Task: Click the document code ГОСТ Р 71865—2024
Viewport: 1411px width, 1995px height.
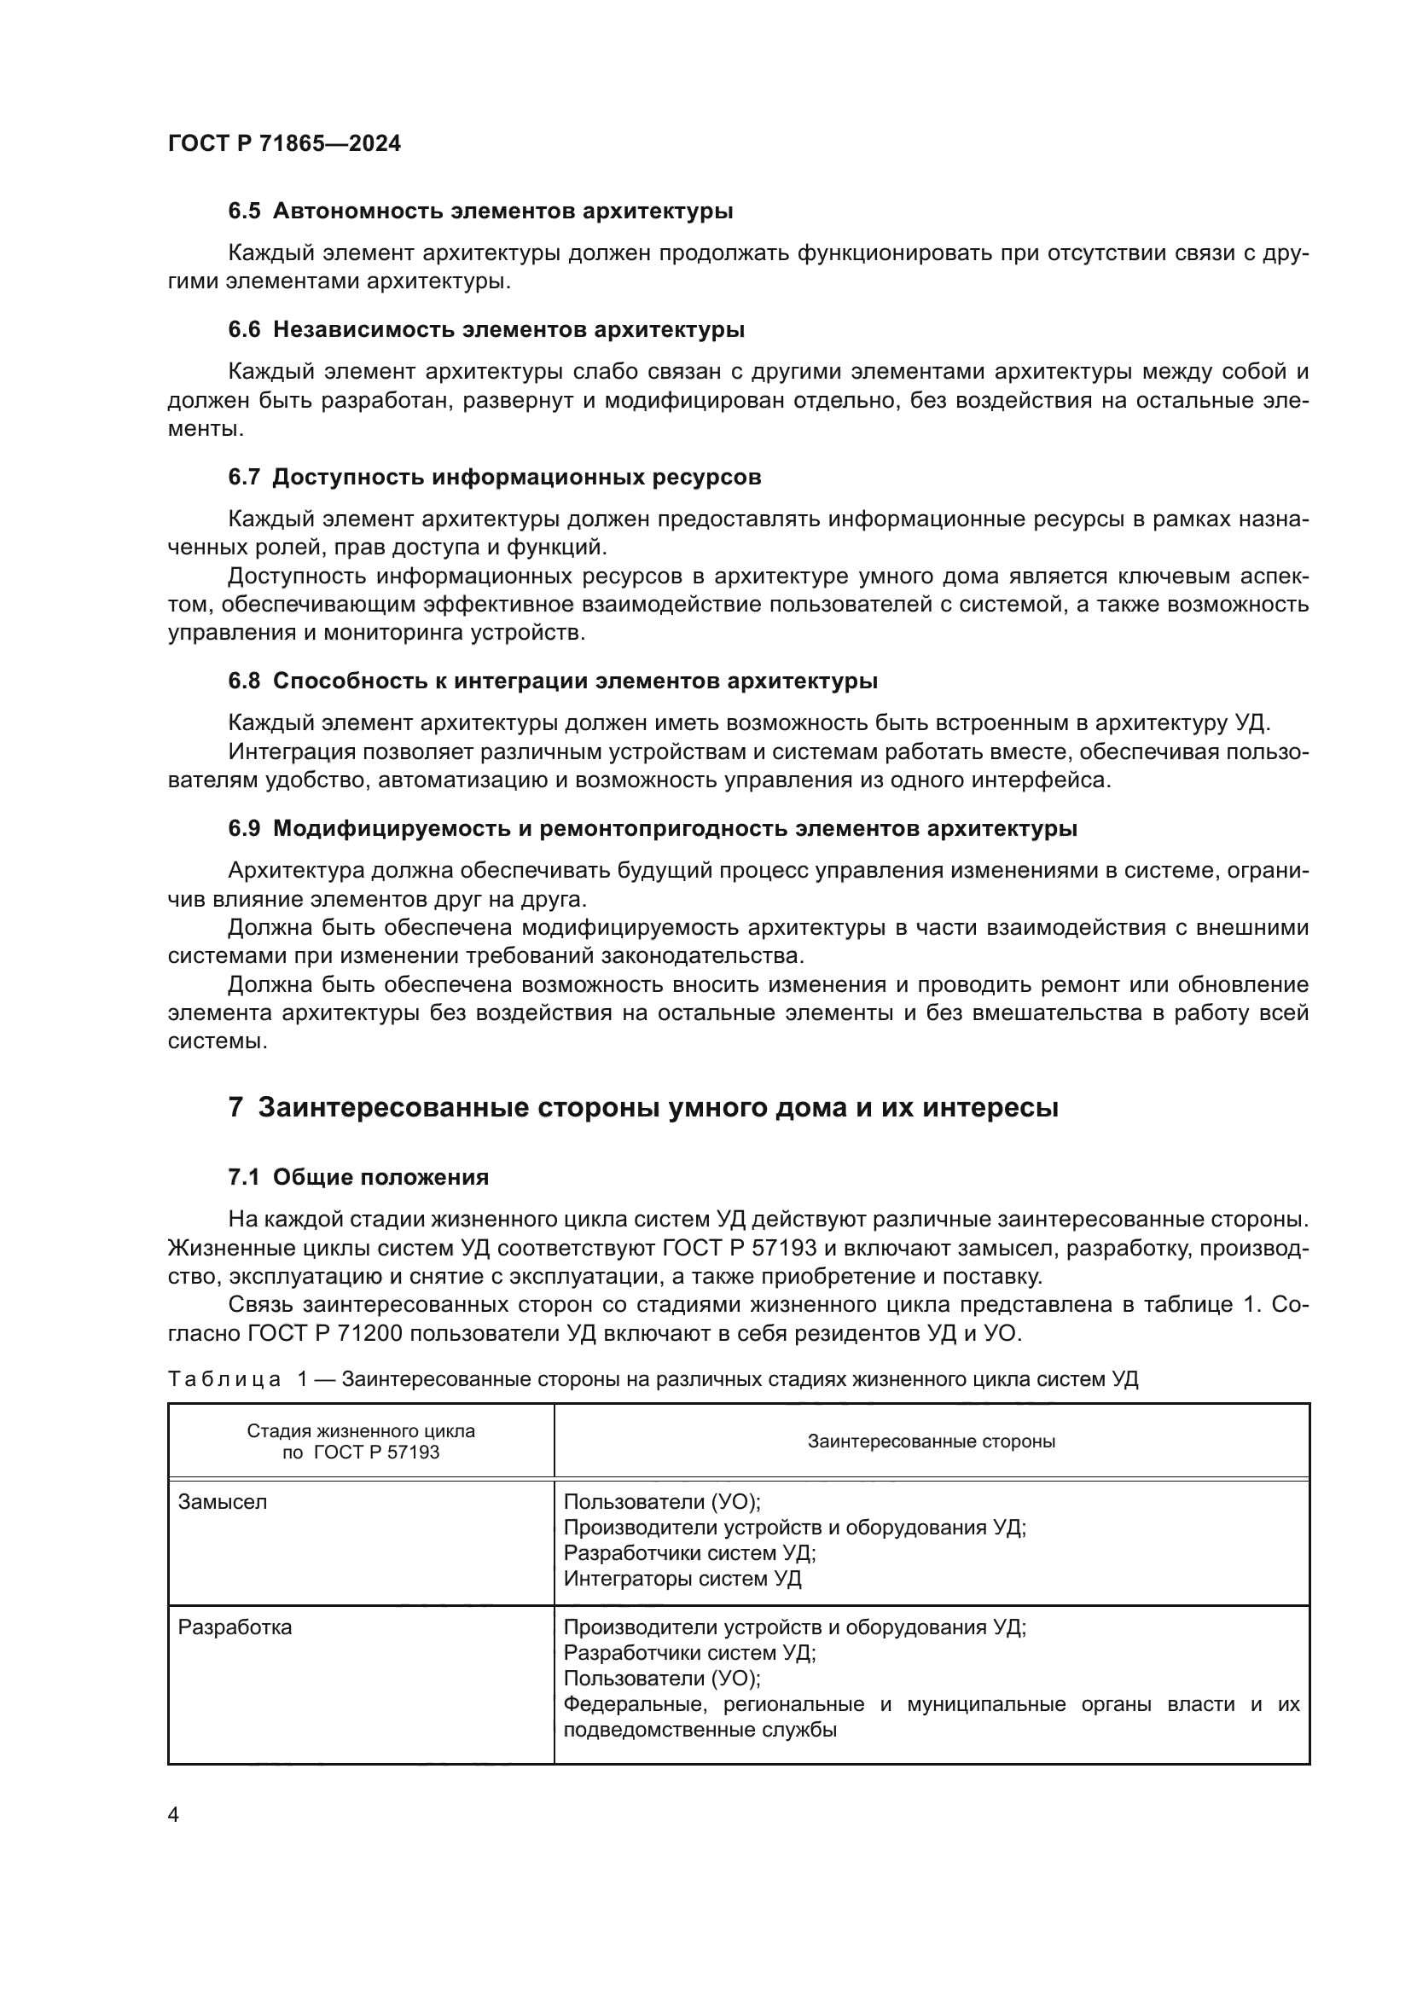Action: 284,144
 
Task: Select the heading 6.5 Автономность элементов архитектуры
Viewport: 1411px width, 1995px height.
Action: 480,212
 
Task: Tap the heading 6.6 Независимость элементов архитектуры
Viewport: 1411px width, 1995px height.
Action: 486,330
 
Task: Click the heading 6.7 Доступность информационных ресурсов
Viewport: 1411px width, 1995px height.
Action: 495,477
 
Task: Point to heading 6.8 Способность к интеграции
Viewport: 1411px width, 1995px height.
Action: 553,681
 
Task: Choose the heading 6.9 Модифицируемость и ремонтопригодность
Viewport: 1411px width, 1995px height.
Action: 653,829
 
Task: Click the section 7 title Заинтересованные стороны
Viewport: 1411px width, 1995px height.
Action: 643,1108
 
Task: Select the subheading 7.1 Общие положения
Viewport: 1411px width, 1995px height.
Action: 358,1177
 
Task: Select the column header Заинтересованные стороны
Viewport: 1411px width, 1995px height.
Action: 932,1441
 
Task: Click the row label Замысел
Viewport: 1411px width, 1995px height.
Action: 223,1502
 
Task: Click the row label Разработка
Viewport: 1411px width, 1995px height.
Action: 235,1627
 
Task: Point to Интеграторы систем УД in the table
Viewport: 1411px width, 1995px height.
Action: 682,1579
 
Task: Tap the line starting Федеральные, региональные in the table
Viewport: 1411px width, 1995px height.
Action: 932,1704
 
